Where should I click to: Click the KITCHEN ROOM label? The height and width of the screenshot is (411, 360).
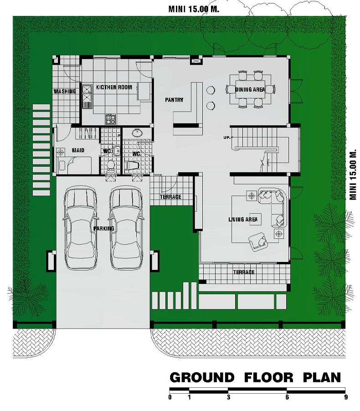(x=114, y=87)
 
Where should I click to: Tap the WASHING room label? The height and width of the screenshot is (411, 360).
(x=65, y=91)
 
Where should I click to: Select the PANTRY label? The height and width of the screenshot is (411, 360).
(x=174, y=100)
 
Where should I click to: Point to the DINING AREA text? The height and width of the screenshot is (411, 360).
(x=250, y=89)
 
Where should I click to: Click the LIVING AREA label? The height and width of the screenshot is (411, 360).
(x=243, y=219)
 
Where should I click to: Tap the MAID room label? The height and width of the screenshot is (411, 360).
(x=78, y=150)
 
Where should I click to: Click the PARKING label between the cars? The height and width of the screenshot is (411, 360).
(x=104, y=229)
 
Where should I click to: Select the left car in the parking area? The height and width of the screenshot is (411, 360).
(x=80, y=227)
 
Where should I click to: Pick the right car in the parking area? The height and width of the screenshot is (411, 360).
(x=126, y=227)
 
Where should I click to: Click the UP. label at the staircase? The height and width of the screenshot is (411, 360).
(x=227, y=137)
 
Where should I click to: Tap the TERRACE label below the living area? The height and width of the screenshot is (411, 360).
(x=244, y=272)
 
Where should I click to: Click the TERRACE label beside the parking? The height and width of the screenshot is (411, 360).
(x=170, y=196)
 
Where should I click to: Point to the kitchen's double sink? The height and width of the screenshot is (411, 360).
(x=87, y=97)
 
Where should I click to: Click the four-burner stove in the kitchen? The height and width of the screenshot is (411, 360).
(x=110, y=119)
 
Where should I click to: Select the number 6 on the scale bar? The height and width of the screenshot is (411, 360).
(x=287, y=397)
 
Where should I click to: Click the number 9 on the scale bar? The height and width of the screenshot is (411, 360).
(x=346, y=397)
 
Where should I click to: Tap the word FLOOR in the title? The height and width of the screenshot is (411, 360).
(x=269, y=378)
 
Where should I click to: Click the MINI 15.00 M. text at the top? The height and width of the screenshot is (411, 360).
(x=194, y=9)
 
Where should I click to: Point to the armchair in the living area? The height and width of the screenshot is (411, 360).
(x=258, y=241)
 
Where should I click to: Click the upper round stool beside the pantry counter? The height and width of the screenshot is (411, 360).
(x=211, y=90)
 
